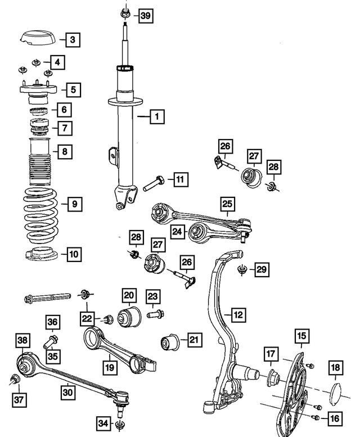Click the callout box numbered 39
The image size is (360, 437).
(145, 16)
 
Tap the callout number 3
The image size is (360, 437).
(72, 40)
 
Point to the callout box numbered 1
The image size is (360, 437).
(157, 117)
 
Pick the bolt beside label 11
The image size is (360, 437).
(153, 182)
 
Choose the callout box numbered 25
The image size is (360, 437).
(227, 203)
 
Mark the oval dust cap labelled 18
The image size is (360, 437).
(335, 393)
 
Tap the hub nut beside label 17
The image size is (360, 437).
(271, 375)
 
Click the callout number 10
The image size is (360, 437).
(74, 254)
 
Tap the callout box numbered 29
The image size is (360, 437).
(261, 269)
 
